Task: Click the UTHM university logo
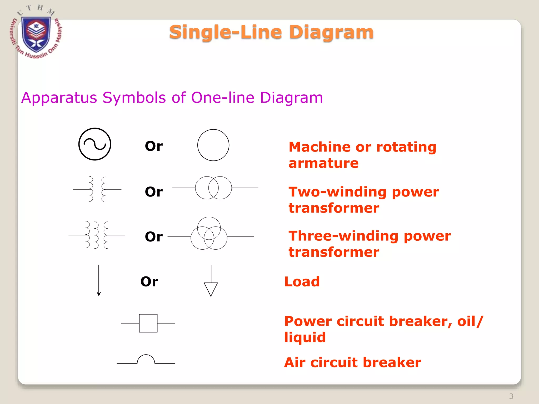(x=36, y=33)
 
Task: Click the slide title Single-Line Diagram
(x=271, y=32)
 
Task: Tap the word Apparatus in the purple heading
(x=59, y=98)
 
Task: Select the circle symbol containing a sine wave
(x=95, y=144)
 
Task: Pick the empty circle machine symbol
(x=213, y=145)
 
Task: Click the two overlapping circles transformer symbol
(x=213, y=188)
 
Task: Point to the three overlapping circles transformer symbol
(x=209, y=234)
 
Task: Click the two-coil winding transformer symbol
(x=97, y=189)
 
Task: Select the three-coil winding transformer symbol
(x=96, y=235)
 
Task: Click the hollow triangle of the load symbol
(x=211, y=289)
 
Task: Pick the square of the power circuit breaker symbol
(x=148, y=323)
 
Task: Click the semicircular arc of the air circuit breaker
(x=146, y=358)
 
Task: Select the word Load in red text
(x=302, y=282)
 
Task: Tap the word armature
(x=323, y=163)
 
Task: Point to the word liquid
(x=305, y=337)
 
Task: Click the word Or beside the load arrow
(x=149, y=282)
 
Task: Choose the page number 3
(x=511, y=396)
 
